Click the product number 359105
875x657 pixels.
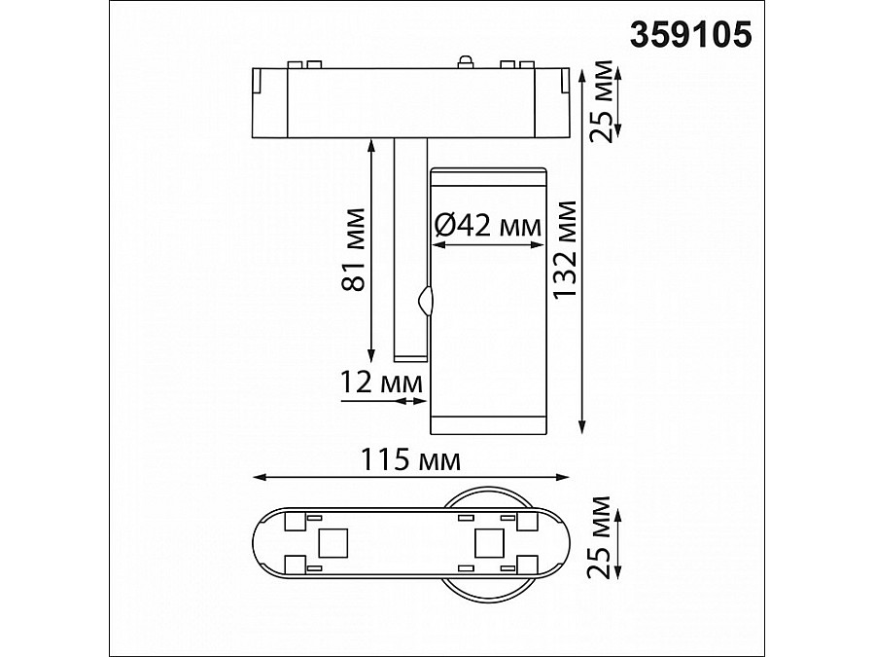691,35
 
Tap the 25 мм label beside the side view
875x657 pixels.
605,99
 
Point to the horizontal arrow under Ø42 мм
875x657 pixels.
487,245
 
